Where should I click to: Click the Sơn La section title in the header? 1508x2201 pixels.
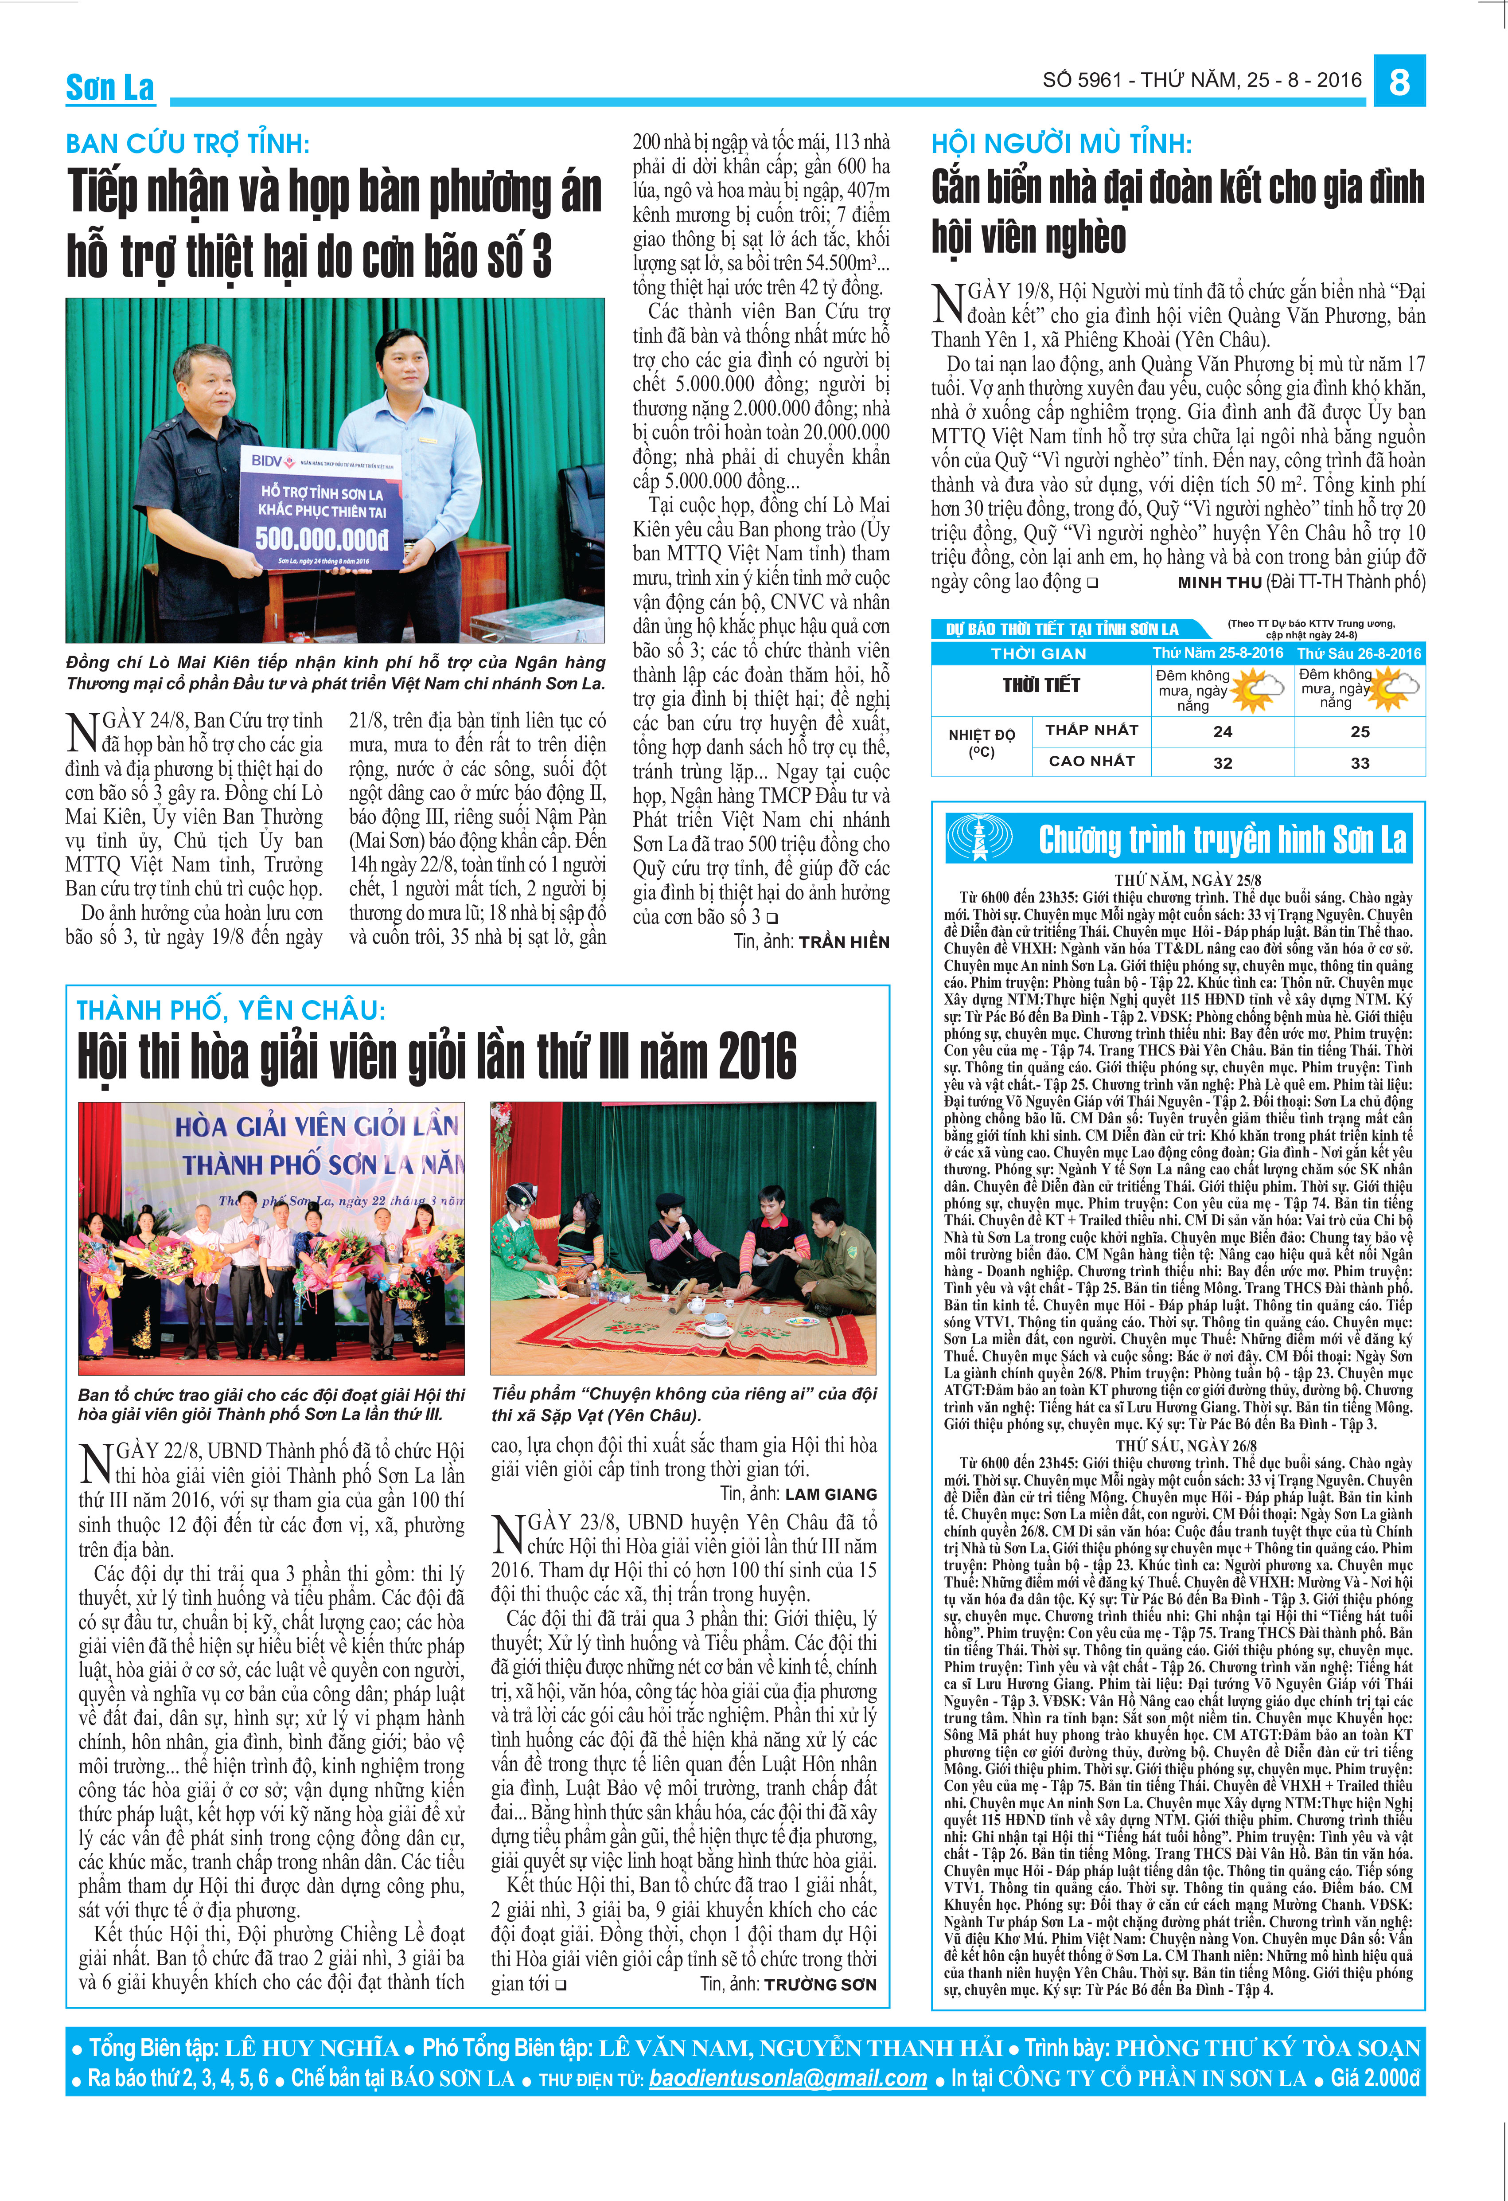pyautogui.click(x=110, y=87)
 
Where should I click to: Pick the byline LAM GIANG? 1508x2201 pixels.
pyautogui.click(x=831, y=1494)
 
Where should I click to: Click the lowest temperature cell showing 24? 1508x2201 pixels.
pyautogui.click(x=1222, y=731)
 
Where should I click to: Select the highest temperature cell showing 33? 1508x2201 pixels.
pyautogui.click(x=1360, y=762)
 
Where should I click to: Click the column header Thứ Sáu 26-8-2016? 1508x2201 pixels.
pyautogui.click(x=1358, y=653)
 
